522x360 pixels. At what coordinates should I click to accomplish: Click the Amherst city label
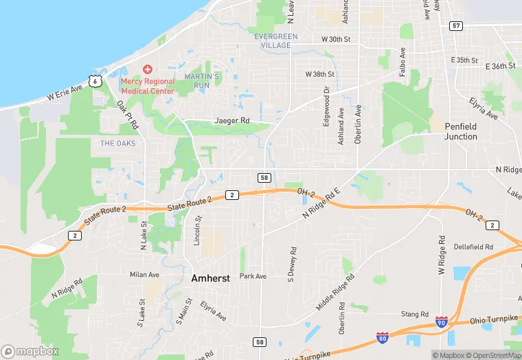tap(211, 278)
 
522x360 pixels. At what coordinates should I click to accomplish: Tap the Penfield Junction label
tap(460, 131)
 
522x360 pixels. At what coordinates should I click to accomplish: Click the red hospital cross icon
tap(147, 70)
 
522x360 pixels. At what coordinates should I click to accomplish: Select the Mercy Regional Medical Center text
tap(148, 86)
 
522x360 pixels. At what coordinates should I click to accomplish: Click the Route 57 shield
tap(456, 25)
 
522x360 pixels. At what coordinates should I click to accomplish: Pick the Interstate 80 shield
tap(382, 337)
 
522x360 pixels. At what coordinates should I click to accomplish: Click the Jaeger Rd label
tap(232, 120)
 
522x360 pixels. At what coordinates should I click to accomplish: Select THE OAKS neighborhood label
tap(118, 143)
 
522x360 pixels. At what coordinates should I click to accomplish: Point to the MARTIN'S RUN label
tap(202, 80)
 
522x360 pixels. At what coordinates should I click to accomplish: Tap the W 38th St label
tap(319, 74)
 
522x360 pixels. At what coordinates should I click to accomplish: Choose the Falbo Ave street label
tap(403, 62)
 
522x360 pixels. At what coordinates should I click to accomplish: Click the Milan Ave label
tap(144, 274)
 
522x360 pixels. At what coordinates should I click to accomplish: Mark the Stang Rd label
tap(415, 314)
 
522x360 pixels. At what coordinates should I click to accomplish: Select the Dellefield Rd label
tap(473, 247)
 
